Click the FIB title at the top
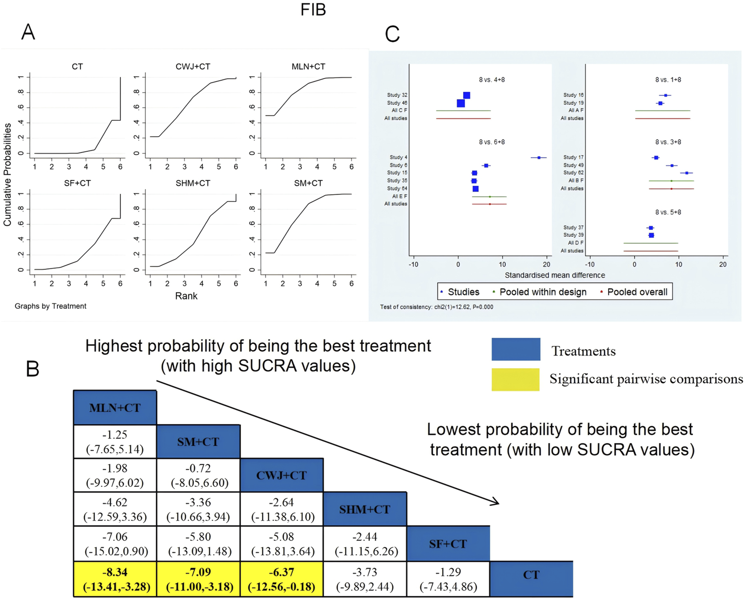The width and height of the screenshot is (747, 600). (x=313, y=10)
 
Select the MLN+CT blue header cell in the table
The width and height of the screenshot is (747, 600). (x=115, y=408)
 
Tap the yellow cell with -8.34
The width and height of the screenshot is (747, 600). (x=115, y=579)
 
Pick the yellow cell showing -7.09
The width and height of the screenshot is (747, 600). (x=198, y=579)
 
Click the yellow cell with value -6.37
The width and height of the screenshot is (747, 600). (x=281, y=579)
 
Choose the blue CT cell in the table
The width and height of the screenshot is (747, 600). (x=531, y=575)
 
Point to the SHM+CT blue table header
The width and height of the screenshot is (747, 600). (x=365, y=509)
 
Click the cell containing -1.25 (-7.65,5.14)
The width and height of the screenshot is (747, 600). (x=115, y=442)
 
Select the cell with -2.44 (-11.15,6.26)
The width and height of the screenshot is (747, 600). (x=365, y=544)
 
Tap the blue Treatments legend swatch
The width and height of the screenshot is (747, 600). (x=516, y=349)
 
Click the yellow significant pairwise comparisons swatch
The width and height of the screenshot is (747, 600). (x=516, y=379)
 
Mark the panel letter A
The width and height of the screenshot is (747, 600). (x=28, y=32)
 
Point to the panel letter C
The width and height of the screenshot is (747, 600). (x=392, y=34)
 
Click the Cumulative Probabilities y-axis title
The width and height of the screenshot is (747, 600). (x=8, y=174)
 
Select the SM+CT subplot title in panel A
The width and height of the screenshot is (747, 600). (x=308, y=183)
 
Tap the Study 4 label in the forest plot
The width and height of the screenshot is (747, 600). (x=398, y=158)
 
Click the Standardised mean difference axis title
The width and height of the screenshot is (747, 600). (x=555, y=275)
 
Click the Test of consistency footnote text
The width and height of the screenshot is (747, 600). (x=437, y=307)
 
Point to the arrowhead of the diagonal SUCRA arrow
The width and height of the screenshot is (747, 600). (x=497, y=503)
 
